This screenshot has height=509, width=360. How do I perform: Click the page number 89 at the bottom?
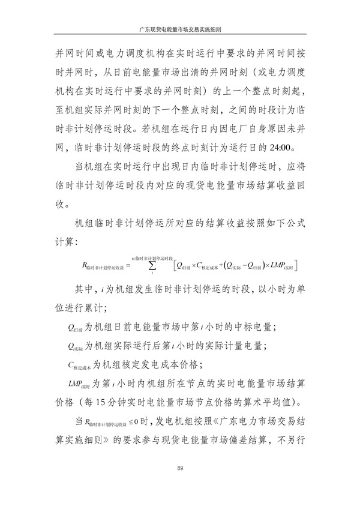tap(180, 469)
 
